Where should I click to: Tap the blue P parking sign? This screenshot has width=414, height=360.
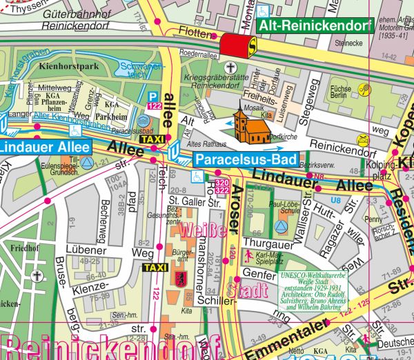click(x=153, y=96)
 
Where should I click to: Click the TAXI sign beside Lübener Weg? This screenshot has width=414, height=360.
click(x=154, y=267)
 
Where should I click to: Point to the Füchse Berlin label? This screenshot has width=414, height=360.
click(x=342, y=92)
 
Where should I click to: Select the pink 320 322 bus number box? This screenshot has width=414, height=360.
click(x=222, y=184)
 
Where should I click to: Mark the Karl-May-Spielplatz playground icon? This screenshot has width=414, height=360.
click(x=248, y=254)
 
